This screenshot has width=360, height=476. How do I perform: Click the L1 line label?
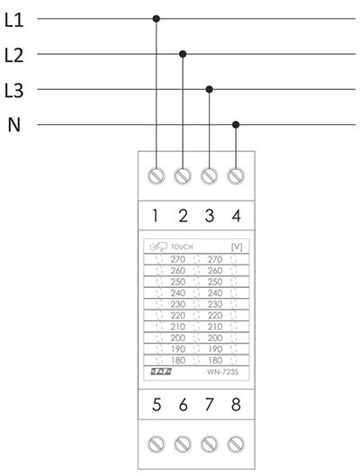[x=14, y=21]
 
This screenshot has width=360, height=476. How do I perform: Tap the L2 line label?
[x=14, y=56]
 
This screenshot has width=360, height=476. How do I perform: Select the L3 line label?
[x=14, y=91]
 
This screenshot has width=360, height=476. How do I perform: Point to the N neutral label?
[x=14, y=125]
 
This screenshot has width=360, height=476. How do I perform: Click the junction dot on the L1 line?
[x=157, y=19]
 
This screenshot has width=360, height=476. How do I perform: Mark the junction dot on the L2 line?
[x=183, y=54]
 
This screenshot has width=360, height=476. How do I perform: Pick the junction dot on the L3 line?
[x=209, y=89]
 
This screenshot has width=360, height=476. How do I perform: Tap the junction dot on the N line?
[x=236, y=124]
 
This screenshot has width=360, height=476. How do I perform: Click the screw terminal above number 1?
[x=157, y=175]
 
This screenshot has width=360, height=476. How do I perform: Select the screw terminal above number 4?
[x=236, y=175]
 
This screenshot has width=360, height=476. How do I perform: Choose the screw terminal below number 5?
[x=157, y=445]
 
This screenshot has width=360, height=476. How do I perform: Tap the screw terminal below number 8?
[x=236, y=445]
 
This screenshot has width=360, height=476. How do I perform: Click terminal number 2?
[x=183, y=216]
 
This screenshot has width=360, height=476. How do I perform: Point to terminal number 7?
[x=210, y=404]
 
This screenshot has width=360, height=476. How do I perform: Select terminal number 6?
[x=183, y=404]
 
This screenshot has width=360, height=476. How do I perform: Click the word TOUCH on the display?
[x=182, y=247]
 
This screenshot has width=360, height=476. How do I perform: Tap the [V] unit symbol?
[x=237, y=247]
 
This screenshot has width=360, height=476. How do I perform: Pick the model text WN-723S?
[x=223, y=372]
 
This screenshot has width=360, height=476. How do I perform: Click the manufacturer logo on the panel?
[x=161, y=372]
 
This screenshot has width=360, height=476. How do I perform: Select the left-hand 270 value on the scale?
[x=178, y=259]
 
